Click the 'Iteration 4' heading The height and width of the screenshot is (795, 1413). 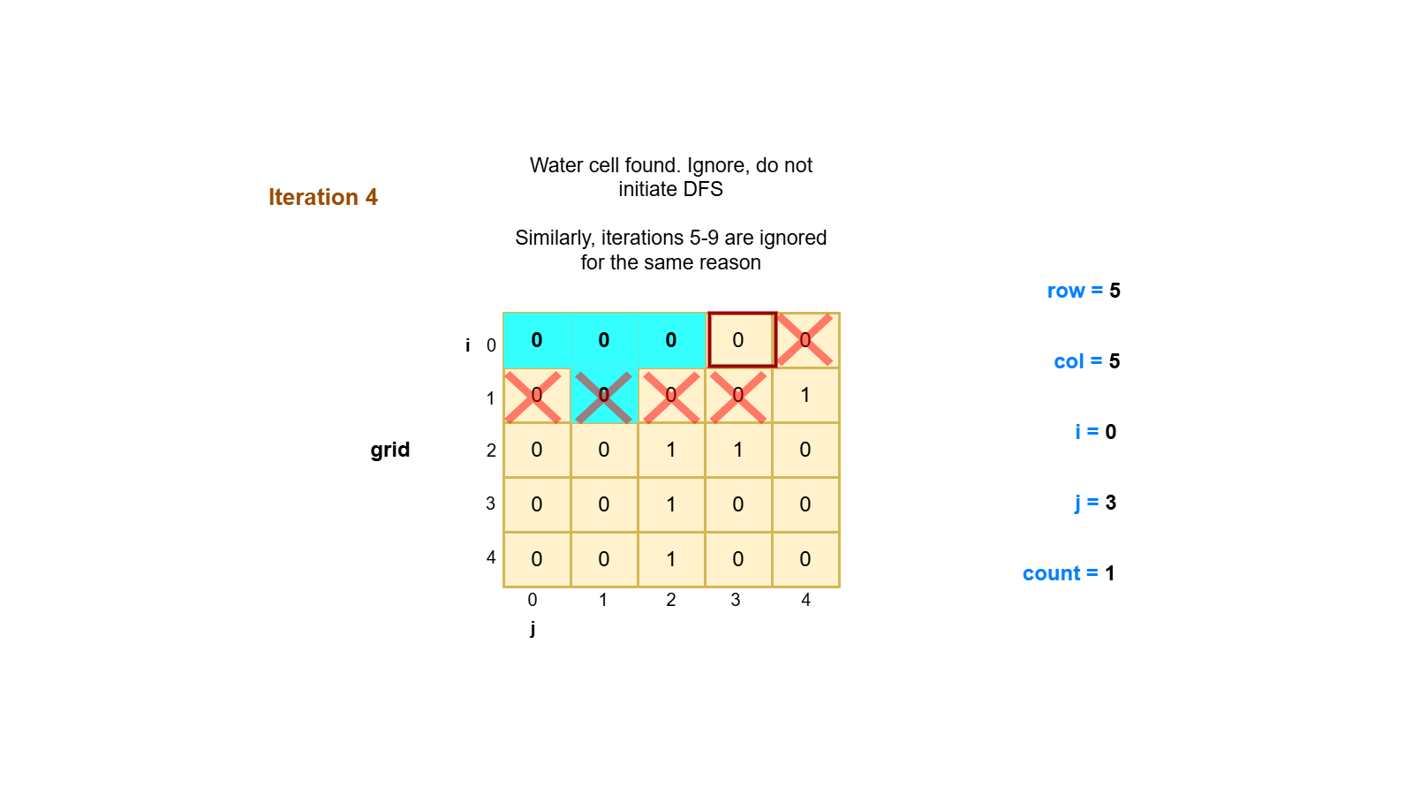point(322,197)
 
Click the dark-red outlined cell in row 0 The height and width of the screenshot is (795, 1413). point(741,340)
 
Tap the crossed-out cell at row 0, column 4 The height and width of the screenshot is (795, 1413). point(805,340)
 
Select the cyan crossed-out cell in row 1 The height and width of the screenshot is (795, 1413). point(604,396)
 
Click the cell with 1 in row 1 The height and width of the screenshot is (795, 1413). point(805,396)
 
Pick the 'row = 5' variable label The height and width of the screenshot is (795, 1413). point(1084,291)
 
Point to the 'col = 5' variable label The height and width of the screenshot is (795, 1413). point(1086,361)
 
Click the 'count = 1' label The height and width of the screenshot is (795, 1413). point(1069,573)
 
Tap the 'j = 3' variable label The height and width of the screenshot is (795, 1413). point(1095,503)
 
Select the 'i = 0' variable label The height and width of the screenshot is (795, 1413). point(1095,432)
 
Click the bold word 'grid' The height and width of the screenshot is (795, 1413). point(390,450)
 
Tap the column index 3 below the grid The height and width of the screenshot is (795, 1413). point(736,600)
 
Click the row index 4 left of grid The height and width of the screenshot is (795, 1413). point(491,557)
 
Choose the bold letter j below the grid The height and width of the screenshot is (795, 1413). point(533,628)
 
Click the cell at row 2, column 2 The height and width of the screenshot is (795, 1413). point(671,450)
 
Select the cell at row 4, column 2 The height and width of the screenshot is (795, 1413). point(671,559)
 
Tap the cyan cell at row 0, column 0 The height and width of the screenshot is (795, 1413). point(537,340)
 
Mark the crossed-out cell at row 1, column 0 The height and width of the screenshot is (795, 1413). point(537,396)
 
